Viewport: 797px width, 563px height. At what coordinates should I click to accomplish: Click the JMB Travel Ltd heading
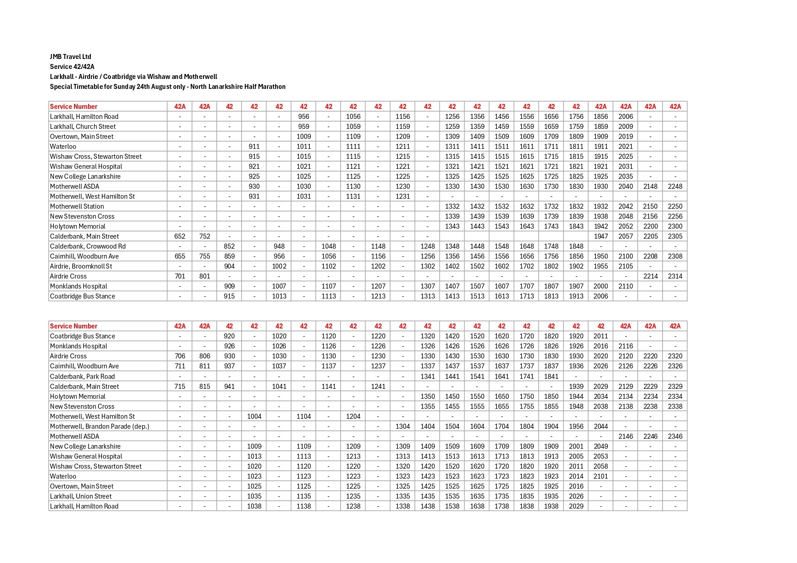70,57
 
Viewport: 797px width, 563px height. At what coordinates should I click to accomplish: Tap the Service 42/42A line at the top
72,67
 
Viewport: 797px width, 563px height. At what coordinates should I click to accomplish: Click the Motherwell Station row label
77,206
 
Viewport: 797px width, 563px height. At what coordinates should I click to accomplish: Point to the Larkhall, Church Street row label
83,127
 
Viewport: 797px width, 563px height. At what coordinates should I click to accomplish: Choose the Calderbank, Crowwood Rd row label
88,246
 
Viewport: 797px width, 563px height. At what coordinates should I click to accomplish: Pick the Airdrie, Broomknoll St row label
81,266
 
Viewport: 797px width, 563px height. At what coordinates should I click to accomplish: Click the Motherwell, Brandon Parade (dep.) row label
99,426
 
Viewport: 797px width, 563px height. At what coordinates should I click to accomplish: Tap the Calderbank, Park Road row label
82,377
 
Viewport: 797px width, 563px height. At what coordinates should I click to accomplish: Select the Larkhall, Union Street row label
81,496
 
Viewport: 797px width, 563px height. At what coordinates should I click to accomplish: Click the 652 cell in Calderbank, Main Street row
180,236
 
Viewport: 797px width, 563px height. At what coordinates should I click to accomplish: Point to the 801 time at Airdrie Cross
205,276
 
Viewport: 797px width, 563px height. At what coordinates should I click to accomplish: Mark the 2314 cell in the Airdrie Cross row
675,276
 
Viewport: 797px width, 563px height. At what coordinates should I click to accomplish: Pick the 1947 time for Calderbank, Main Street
600,236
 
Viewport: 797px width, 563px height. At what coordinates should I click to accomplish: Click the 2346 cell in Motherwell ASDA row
675,436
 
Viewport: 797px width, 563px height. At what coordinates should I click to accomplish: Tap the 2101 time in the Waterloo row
600,476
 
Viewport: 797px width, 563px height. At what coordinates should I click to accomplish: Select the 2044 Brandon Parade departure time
600,426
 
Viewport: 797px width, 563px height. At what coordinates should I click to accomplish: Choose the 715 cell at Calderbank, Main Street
180,387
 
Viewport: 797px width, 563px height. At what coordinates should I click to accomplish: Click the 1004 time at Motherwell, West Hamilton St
254,416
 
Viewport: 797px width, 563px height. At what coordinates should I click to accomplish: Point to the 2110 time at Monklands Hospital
625,286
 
